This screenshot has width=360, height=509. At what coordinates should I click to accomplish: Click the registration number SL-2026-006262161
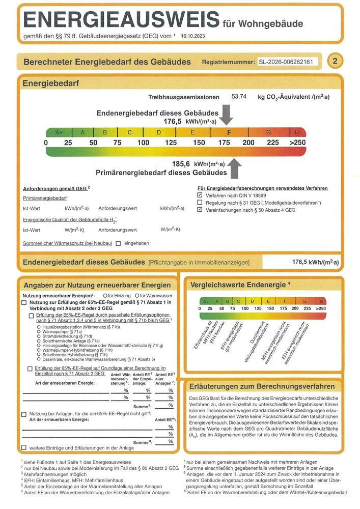click(288, 62)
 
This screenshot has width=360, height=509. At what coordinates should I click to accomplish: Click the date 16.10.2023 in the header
click(194, 36)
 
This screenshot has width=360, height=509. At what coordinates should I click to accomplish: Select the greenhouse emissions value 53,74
click(239, 96)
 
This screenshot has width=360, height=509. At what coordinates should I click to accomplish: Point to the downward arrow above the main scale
click(227, 114)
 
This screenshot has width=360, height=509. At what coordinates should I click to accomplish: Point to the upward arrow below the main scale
click(234, 168)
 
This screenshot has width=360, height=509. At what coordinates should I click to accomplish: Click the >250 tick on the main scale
click(297, 143)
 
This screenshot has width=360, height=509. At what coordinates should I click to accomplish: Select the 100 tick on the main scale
click(143, 143)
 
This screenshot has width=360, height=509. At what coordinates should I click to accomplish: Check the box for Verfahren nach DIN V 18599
click(200, 195)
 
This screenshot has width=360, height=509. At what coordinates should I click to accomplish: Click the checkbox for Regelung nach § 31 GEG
click(200, 203)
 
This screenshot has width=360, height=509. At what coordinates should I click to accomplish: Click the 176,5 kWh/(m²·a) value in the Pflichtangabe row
click(315, 262)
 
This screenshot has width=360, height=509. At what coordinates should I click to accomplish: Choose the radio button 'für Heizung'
click(104, 296)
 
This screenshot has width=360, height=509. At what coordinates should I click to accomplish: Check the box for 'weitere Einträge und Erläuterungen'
click(24, 448)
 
